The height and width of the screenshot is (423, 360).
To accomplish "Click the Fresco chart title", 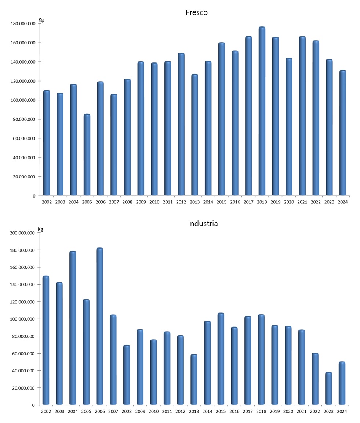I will pos(197,12).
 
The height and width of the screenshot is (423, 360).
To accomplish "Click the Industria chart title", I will pos(203,223).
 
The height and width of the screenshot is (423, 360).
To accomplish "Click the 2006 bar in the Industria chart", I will pos(99,327).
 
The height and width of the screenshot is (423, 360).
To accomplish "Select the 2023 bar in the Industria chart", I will pos(328,389).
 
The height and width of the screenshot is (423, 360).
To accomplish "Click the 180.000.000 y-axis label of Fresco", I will pos(23,24).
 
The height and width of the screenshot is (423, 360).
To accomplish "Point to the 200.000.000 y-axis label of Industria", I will pos(23,233).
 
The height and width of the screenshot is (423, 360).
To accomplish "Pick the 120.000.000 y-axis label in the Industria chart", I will pos(23,302).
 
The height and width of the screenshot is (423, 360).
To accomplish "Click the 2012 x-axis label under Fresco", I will pos(181,202).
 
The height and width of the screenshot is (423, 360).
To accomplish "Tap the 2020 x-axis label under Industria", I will pos(288,411).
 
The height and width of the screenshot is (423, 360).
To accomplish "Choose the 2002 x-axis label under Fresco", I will pos(46,202).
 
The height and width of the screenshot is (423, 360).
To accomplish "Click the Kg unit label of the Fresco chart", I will pos(41,20).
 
